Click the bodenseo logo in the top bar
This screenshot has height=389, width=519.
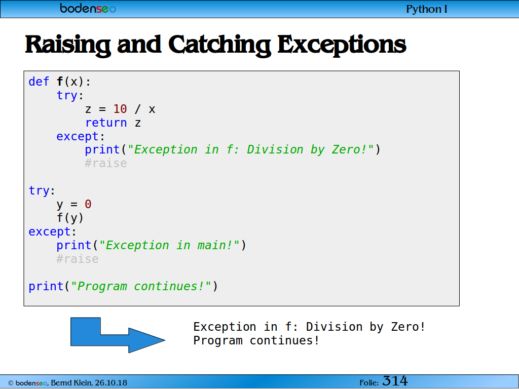(x=88, y=8)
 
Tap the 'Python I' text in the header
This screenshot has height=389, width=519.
(x=427, y=9)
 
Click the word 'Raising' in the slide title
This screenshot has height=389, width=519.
(x=68, y=45)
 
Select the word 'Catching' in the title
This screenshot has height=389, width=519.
(x=220, y=45)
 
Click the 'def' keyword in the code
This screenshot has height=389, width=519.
(x=39, y=82)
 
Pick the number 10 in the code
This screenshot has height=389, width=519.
(x=120, y=109)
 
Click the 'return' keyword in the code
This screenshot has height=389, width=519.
(x=106, y=123)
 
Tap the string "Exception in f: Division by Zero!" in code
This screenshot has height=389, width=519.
(x=250, y=149)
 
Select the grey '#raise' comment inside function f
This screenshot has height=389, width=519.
(x=106, y=163)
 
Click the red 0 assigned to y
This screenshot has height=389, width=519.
(x=88, y=204)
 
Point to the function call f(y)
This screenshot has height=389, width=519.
(x=70, y=218)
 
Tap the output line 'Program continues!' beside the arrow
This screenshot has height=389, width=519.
(x=256, y=340)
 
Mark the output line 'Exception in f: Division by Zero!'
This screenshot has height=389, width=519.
(x=309, y=327)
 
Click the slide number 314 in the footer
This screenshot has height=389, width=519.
(x=395, y=381)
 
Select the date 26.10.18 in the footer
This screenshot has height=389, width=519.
(x=111, y=383)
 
